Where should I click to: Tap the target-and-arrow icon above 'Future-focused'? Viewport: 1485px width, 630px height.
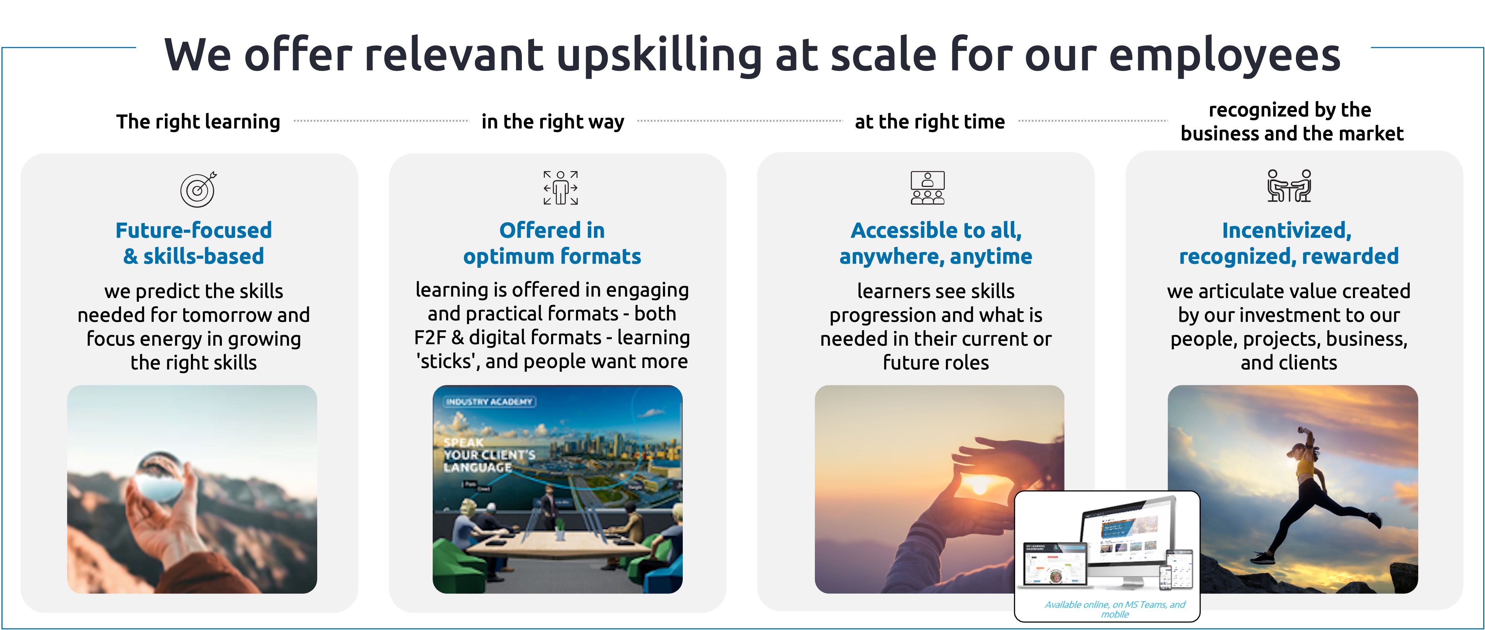pos(198,189)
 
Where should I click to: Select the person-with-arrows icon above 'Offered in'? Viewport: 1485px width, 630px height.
pos(560,188)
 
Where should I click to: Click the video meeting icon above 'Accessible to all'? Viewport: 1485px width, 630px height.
pos(927,188)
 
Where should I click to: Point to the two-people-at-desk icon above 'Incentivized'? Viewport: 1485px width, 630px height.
pos(1289,186)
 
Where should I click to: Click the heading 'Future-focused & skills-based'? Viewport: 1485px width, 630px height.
pos(194,243)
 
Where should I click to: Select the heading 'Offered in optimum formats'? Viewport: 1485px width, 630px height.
pos(552,243)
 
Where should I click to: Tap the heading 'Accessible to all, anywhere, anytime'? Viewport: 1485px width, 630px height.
pos(936,243)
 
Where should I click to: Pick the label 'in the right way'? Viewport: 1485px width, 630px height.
pos(552,122)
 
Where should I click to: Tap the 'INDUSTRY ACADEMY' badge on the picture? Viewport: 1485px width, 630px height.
pos(489,402)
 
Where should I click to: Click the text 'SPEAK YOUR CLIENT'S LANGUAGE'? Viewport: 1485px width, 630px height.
pos(489,455)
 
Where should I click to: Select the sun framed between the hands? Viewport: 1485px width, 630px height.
pos(979,484)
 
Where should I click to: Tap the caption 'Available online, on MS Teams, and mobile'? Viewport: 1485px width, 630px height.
pos(1114,609)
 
